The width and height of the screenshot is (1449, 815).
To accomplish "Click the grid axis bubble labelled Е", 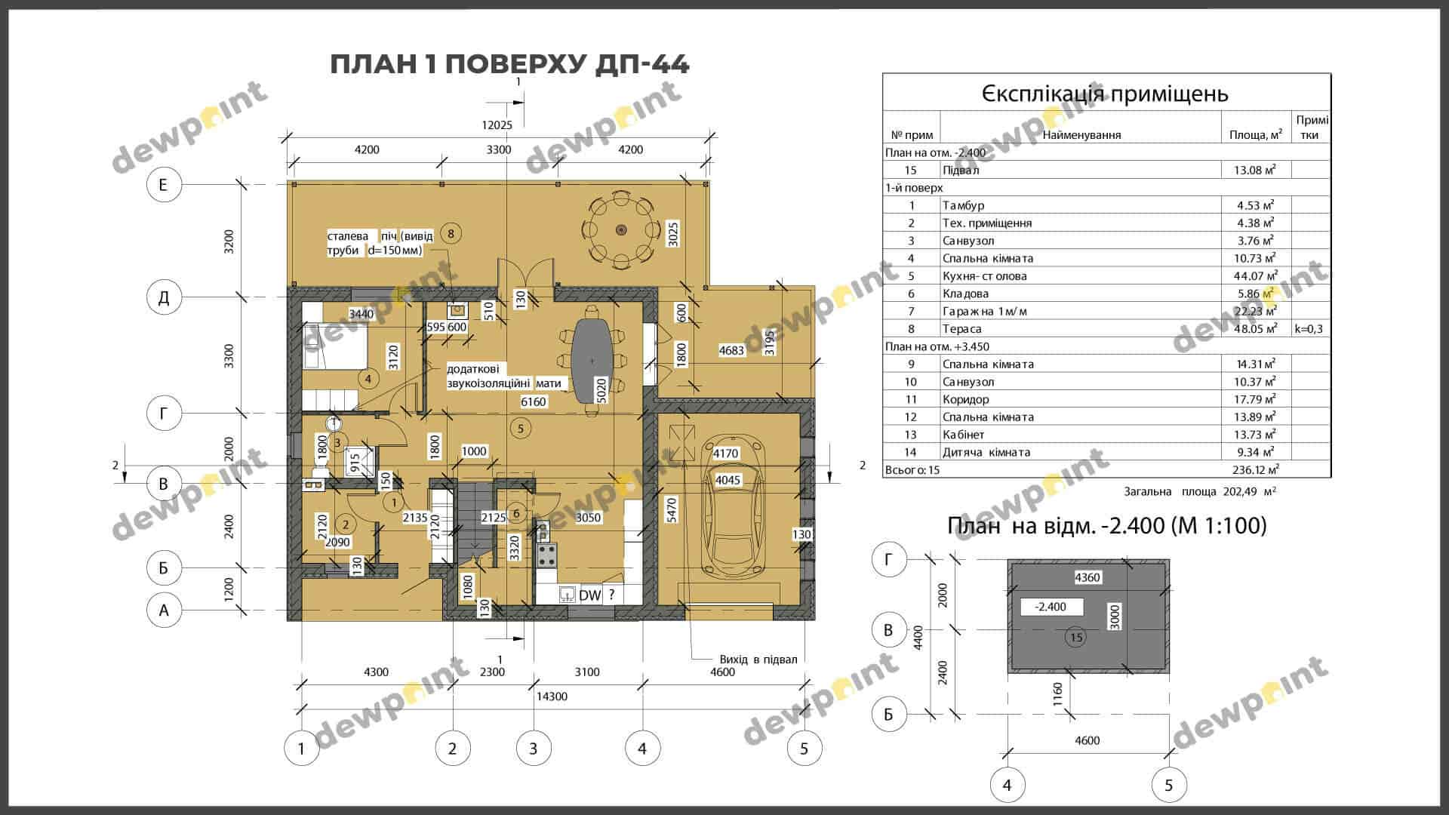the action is pyautogui.click(x=163, y=185).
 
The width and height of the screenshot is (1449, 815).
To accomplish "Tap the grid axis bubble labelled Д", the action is pyautogui.click(x=164, y=298).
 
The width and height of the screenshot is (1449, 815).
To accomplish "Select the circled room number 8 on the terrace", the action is pyautogui.click(x=451, y=233).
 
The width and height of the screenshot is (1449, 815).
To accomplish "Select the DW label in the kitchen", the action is pyautogui.click(x=589, y=595).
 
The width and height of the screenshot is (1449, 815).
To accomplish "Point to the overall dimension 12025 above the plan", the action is pyautogui.click(x=498, y=125).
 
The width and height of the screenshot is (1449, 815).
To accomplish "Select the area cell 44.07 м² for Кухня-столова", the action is pyautogui.click(x=1256, y=276).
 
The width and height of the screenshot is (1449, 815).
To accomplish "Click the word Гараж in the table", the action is pyautogui.click(x=961, y=311).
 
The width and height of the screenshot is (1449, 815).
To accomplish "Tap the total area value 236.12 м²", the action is pyautogui.click(x=1256, y=470).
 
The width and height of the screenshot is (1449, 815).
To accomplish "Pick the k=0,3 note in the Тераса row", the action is pyautogui.click(x=1309, y=329).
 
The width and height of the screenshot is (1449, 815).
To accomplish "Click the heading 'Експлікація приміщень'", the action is pyautogui.click(x=1105, y=94).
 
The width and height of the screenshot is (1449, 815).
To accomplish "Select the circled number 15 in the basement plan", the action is pyautogui.click(x=1077, y=638).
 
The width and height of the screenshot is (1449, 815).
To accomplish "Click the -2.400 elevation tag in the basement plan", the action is pyautogui.click(x=1051, y=607).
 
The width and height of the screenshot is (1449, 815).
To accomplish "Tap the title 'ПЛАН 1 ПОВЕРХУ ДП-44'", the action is pyautogui.click(x=509, y=65).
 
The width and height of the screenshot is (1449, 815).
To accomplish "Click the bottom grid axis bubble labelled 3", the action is pyautogui.click(x=534, y=749).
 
